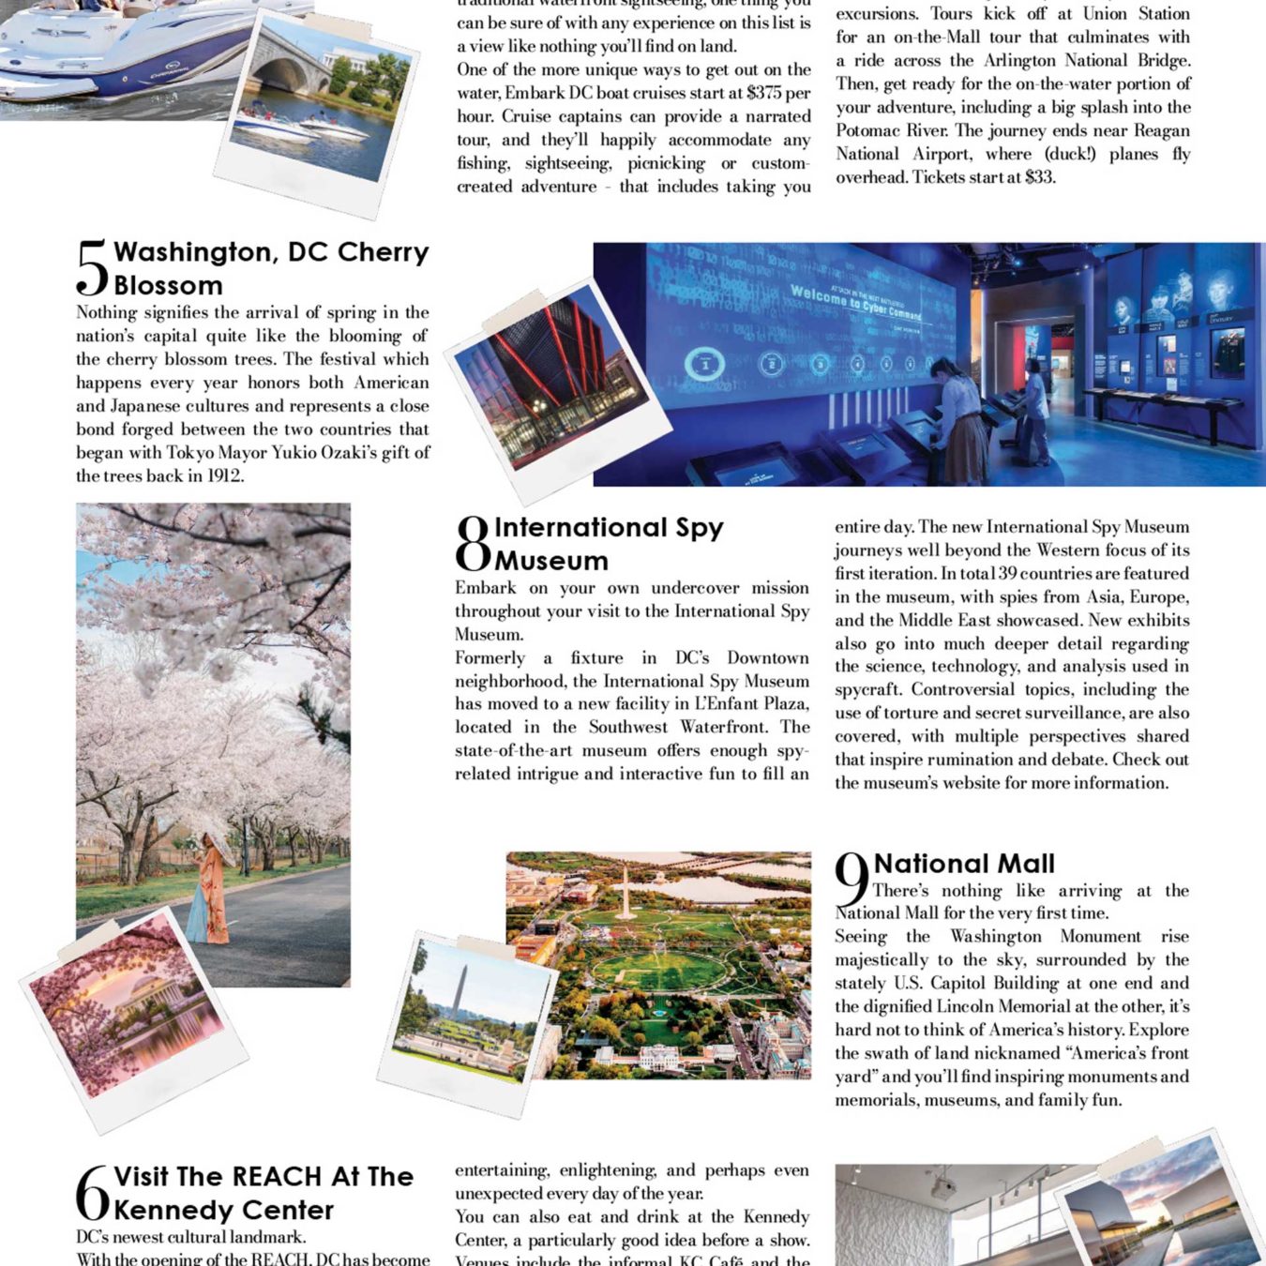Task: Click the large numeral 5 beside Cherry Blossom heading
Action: pyautogui.click(x=92, y=268)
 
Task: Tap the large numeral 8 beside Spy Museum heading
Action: pyautogui.click(x=473, y=544)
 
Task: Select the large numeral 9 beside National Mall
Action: pyautogui.click(x=852, y=881)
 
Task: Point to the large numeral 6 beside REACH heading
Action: pyautogui.click(x=92, y=1194)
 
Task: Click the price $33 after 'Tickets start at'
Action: pyautogui.click(x=1038, y=176)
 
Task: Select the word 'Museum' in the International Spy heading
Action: pyautogui.click(x=551, y=561)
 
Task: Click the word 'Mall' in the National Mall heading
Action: pyautogui.click(x=1020, y=863)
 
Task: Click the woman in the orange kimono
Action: pyautogui.click(x=211, y=891)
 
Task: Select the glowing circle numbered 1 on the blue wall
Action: pyautogui.click(x=703, y=364)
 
